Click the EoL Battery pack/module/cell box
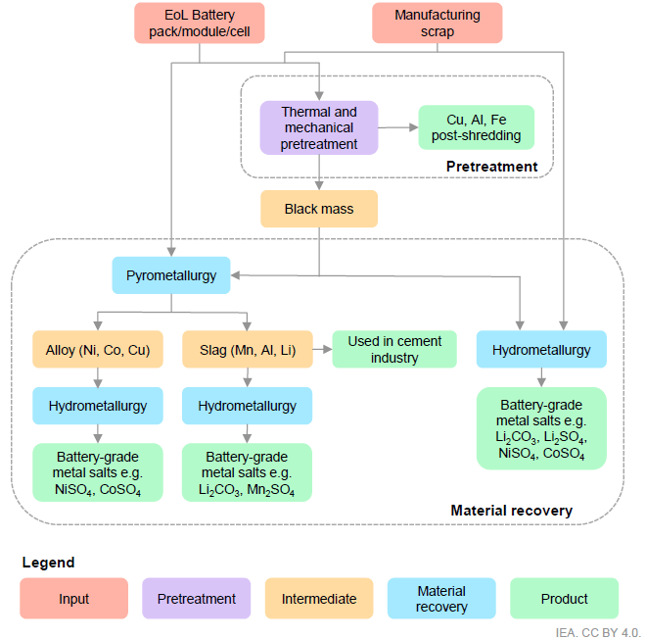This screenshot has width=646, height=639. click(200, 24)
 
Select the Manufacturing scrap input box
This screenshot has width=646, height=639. click(438, 24)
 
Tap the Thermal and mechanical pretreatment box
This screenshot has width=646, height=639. click(319, 127)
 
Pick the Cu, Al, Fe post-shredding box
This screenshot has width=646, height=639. click(477, 127)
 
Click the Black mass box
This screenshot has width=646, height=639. click(319, 209)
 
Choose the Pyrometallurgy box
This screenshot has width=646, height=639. click(171, 275)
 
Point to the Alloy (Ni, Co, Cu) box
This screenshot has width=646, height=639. click(98, 349)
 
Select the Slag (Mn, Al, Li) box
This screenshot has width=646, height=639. click(248, 349)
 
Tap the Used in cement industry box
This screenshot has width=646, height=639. click(394, 349)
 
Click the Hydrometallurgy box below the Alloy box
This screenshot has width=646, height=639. click(98, 406)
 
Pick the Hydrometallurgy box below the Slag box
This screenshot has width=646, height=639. click(248, 406)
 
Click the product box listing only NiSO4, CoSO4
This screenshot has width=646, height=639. click(98, 472)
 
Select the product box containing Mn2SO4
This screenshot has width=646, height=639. click(247, 472)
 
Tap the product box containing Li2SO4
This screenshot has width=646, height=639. click(541, 428)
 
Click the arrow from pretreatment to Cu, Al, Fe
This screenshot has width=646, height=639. click(398, 127)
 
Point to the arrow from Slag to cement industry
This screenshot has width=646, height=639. click(323, 350)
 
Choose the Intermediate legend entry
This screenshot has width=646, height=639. click(319, 598)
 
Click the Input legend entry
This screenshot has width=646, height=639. click(73, 598)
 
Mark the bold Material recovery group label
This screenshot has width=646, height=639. click(511, 511)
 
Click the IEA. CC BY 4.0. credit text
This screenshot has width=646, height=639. click(598, 632)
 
